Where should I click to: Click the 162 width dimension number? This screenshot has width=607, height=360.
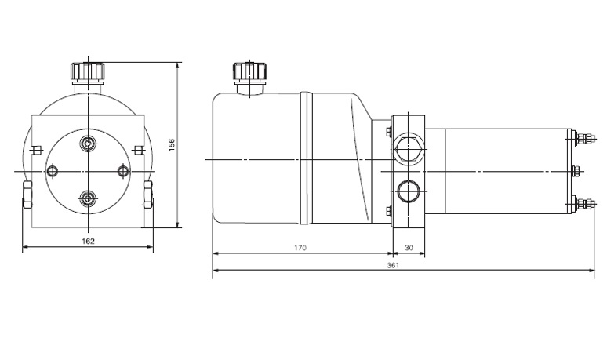point(88,241)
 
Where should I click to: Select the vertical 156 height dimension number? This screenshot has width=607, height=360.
point(171,144)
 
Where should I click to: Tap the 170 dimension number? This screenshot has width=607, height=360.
point(300,248)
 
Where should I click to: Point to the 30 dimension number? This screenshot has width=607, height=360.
point(408,248)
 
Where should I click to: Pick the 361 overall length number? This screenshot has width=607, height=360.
point(394,265)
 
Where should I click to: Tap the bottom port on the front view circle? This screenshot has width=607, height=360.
point(87,198)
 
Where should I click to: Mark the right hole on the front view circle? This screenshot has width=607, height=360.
point(122,171)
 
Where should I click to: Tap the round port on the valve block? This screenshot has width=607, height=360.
point(407,191)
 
